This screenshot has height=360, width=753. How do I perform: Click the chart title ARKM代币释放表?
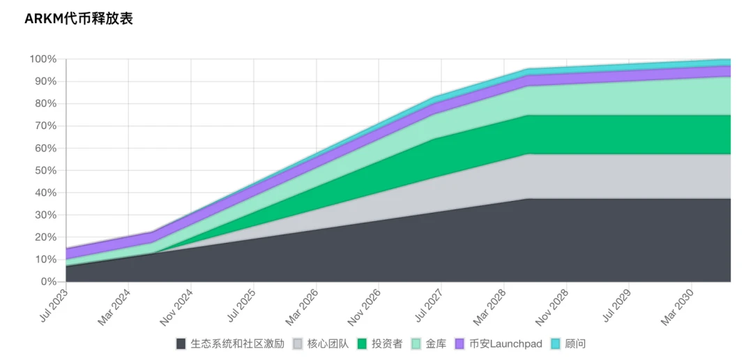click(78, 19)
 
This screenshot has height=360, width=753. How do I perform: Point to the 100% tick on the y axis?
click(43, 59)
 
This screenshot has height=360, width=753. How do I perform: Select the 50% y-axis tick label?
click(45, 170)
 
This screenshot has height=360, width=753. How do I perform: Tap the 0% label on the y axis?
click(48, 282)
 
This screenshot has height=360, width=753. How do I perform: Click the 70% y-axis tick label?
click(45, 126)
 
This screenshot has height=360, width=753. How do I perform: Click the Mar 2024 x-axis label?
click(114, 307)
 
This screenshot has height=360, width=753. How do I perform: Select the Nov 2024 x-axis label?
click(176, 307)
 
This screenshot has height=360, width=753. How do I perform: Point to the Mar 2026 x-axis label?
click(302, 307)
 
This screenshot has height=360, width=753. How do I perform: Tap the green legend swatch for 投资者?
click(362, 344)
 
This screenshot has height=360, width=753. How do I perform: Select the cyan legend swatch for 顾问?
click(556, 344)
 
